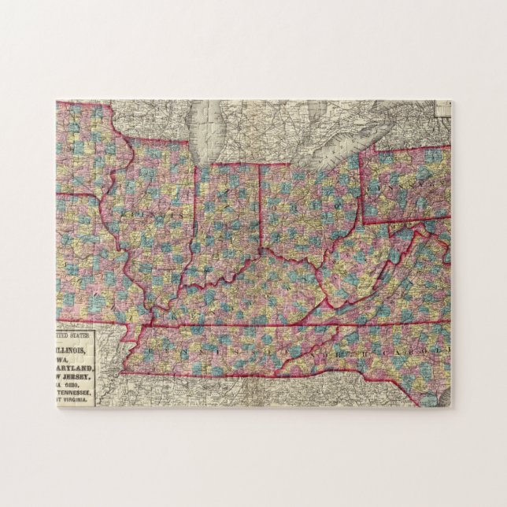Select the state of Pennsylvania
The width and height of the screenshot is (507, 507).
pyautogui.click(x=405, y=185)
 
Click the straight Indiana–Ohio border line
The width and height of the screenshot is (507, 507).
pyautogui.click(x=261, y=209)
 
